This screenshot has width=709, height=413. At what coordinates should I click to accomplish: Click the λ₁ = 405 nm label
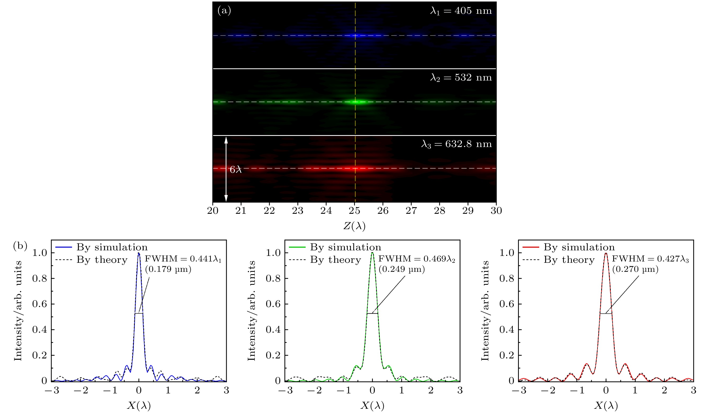point(461,11)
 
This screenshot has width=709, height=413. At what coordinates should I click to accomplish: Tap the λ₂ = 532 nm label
point(461,77)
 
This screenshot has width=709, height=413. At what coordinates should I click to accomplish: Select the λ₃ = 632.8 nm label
point(456,144)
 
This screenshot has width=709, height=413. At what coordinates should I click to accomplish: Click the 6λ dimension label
point(235,169)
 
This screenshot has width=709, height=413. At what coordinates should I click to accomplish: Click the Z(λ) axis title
point(354,226)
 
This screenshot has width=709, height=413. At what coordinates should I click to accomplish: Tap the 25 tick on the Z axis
point(354,210)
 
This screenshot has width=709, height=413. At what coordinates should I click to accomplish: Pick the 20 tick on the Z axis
point(213,210)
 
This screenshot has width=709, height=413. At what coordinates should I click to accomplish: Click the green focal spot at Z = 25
point(356,102)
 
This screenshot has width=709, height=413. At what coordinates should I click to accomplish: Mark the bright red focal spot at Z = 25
point(355,168)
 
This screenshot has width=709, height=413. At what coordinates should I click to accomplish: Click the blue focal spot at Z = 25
point(355,35)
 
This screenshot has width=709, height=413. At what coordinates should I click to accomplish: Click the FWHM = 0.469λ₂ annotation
point(417,259)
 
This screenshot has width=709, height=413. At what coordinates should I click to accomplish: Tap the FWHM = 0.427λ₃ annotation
point(650,259)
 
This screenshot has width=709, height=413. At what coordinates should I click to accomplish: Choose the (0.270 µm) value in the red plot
point(635,269)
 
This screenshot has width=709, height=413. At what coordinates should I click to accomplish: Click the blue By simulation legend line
point(64,247)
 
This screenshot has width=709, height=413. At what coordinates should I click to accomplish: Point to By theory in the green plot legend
point(335,260)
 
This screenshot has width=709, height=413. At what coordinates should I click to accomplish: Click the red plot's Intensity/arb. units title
point(485,311)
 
